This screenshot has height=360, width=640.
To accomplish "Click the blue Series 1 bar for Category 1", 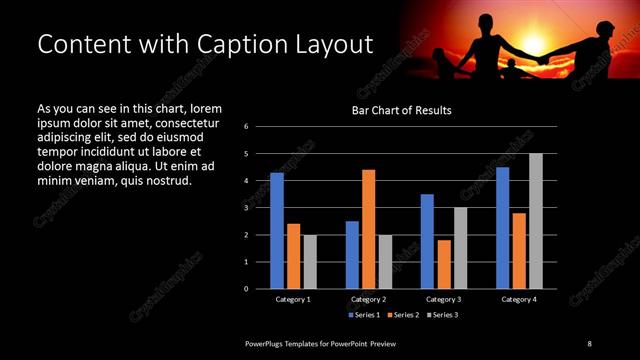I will (277, 231).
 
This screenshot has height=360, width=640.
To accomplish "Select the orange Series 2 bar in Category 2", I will (368, 229).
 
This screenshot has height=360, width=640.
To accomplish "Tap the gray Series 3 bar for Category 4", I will (536, 221).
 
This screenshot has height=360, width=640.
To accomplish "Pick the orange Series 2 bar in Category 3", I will (443, 264).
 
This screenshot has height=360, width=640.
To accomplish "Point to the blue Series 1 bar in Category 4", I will (502, 228).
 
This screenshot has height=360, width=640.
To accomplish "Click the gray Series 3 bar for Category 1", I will (310, 262).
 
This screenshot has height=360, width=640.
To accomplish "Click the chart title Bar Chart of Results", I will (402, 110).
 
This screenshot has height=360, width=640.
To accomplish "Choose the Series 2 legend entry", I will (403, 315).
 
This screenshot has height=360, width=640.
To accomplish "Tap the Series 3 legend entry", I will (443, 315).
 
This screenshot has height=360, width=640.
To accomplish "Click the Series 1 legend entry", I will (363, 315).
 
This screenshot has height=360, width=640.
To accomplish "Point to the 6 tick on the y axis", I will (260, 127).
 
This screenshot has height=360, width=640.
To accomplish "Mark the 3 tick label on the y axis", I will (260, 208).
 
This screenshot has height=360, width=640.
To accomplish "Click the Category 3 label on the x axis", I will (443, 299).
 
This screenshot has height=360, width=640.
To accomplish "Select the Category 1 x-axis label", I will (293, 299).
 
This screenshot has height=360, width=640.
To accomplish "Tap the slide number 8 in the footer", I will (589, 343).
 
